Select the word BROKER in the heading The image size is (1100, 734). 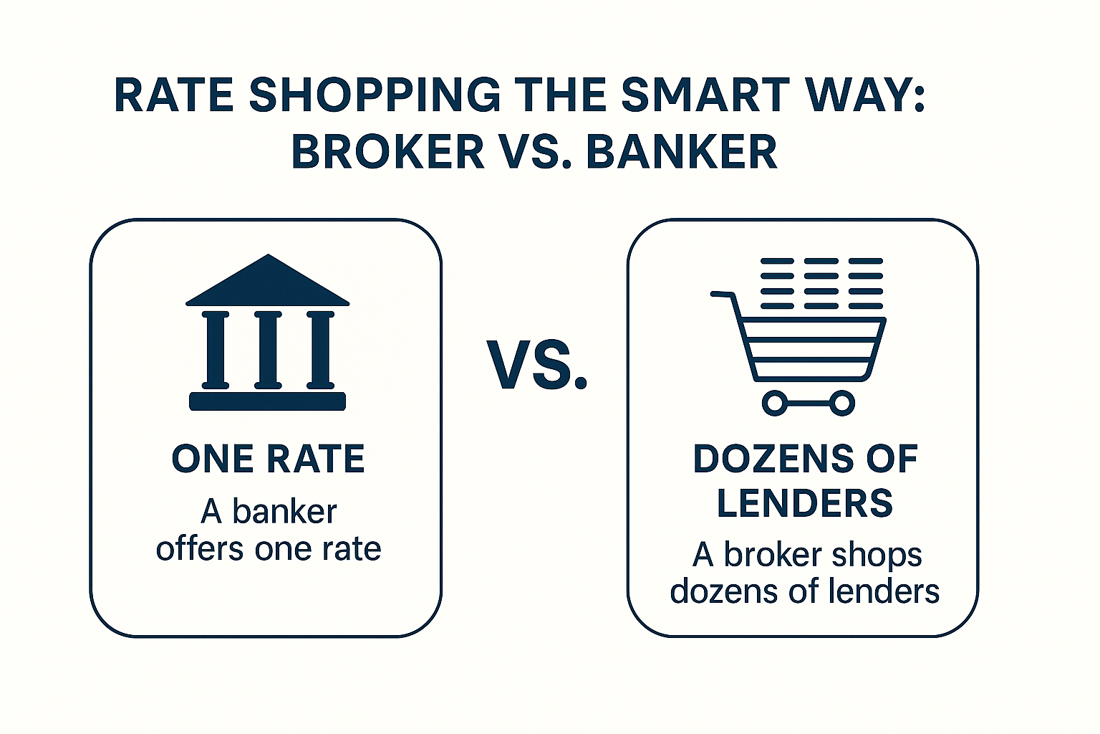[x=388, y=152]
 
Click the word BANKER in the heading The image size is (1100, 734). [x=682, y=152]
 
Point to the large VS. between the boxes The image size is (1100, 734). [x=536, y=365]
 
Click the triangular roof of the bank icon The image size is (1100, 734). [x=268, y=280]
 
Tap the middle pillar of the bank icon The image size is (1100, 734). [x=268, y=350]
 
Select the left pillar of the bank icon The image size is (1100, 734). [x=216, y=350]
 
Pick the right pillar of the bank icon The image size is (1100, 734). [x=320, y=350]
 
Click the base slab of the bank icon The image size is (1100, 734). [x=268, y=401]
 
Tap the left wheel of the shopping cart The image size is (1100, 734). [x=775, y=403]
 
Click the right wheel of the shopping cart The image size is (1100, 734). [x=841, y=403]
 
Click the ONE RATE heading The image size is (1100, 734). [x=268, y=459]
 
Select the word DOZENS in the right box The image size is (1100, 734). [x=773, y=459]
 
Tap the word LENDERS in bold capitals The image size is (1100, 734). [x=805, y=502]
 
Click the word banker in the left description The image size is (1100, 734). [x=285, y=511]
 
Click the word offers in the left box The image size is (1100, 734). [x=200, y=548]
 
